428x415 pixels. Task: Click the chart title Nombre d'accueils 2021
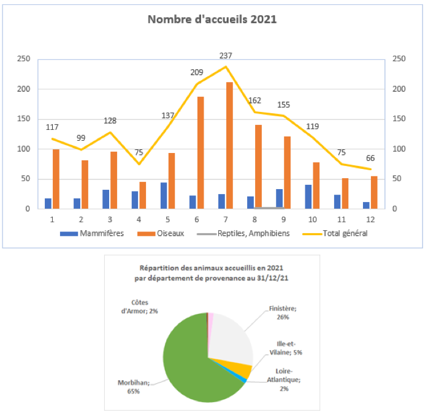(212, 19)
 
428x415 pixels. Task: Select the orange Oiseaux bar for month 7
(229, 146)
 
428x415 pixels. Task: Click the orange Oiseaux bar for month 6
(201, 153)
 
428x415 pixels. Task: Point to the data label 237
(226, 56)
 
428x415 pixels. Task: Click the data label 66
(370, 159)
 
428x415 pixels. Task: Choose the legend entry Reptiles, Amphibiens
(251, 233)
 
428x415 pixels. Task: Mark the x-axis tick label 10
(313, 219)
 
